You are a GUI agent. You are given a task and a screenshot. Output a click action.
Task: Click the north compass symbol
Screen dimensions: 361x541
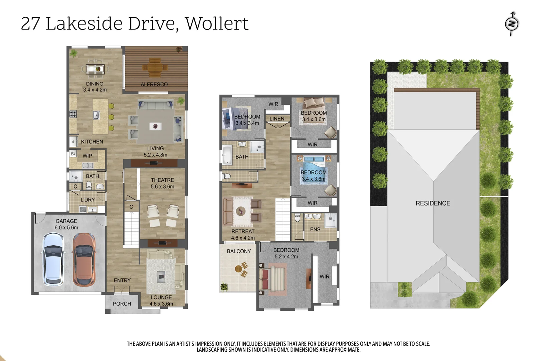tap(511, 24)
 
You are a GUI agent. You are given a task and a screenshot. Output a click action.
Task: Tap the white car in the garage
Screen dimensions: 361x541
tap(53, 259)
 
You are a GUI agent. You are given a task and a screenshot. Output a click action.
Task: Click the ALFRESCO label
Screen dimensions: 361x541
tap(154, 85)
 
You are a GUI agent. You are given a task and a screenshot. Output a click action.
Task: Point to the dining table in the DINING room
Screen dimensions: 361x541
tap(95, 69)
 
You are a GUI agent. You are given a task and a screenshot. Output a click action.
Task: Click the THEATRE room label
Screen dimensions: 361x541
tap(162, 180)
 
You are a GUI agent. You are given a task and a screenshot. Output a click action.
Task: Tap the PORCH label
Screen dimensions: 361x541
tap(122, 304)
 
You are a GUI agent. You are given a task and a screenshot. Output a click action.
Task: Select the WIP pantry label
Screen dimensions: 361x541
tap(87, 156)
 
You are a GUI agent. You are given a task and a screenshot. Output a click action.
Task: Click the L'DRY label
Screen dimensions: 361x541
tap(87, 200)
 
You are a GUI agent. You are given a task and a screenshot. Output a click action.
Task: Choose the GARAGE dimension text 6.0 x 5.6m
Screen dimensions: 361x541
tap(66, 228)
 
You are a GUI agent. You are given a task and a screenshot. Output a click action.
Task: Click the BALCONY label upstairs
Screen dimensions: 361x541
tap(239, 251)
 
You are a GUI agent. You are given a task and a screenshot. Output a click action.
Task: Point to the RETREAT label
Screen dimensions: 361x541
tap(243, 231)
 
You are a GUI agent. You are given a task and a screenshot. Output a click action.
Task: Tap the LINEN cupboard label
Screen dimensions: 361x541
tap(277, 119)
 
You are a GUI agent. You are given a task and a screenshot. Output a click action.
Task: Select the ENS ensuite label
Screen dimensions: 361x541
tap(315, 230)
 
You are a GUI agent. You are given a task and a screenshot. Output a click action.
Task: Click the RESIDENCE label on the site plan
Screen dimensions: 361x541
tap(433, 203)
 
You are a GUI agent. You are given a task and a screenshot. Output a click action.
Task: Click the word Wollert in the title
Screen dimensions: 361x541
tap(217, 24)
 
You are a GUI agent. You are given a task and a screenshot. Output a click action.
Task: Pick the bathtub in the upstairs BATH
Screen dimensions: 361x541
tap(227, 155)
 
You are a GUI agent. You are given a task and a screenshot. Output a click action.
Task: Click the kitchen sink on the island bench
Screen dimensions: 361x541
tap(96, 115)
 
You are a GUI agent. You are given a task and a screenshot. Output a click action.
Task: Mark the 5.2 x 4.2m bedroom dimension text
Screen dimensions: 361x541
tap(286, 257)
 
